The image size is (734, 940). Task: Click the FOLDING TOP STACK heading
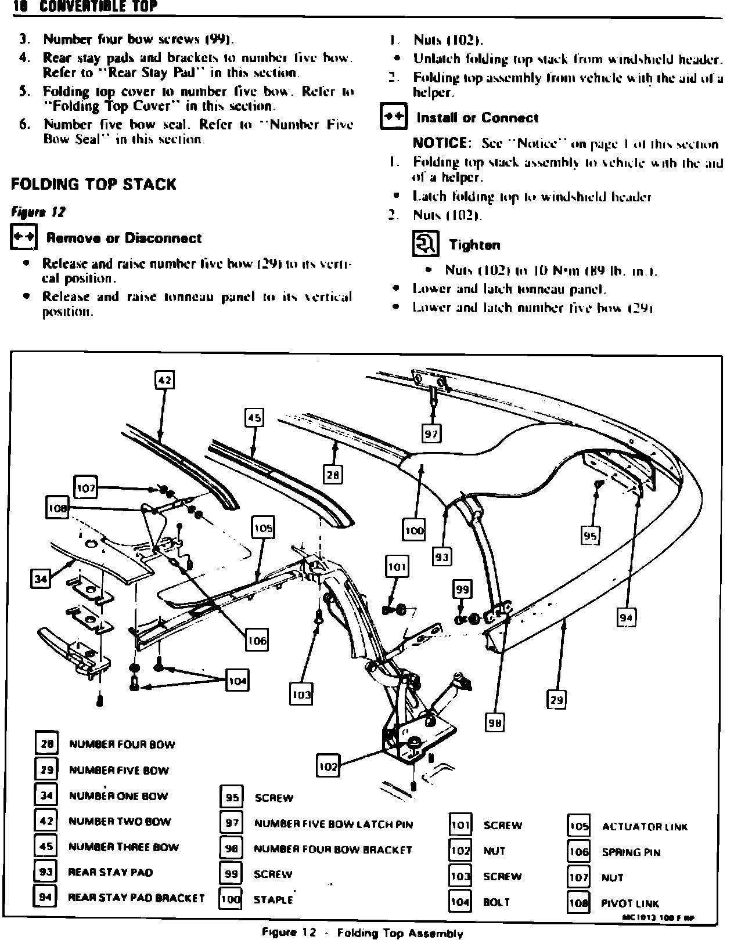[x=93, y=185]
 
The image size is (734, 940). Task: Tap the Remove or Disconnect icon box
[x=24, y=238]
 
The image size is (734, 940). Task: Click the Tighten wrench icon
[x=425, y=244]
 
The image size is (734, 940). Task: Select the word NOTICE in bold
[x=441, y=143]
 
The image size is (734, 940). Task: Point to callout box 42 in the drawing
[x=164, y=380]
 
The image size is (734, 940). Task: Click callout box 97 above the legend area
[x=431, y=433]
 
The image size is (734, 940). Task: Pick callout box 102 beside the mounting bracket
[x=328, y=766]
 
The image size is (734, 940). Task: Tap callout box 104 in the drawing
[x=237, y=681]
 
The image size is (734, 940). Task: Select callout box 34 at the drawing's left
[x=40, y=579]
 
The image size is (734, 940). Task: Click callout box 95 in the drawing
[x=590, y=536]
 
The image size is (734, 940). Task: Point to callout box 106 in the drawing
[x=257, y=640]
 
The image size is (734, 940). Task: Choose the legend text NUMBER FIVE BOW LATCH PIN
[x=333, y=824]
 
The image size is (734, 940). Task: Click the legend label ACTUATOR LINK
[x=645, y=826]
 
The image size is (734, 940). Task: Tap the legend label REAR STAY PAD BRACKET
[x=136, y=898]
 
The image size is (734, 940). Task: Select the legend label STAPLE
[x=274, y=900]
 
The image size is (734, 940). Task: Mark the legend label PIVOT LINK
[x=630, y=903]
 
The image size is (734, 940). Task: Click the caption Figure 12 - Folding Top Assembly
[x=362, y=933]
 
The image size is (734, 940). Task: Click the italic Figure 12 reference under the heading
[x=38, y=212]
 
